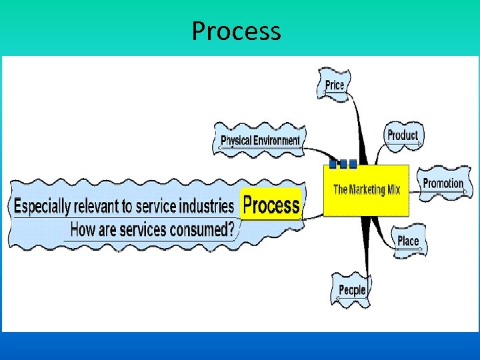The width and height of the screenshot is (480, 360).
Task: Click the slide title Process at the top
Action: point(236,31)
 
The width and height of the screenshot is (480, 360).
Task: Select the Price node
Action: point(335,85)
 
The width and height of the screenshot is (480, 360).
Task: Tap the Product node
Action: point(403,135)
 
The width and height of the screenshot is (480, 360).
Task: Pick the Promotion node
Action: point(443,183)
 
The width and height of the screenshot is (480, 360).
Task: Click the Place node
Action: point(408,241)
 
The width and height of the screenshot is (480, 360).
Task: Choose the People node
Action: point(351,289)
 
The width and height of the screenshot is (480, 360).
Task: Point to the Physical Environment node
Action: point(260,140)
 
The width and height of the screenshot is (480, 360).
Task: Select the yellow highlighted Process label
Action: point(271,205)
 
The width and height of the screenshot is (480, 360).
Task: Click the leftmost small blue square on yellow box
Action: point(333,163)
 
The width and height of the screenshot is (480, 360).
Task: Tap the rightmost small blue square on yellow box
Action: point(353,163)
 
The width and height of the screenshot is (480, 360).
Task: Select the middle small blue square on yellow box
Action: point(343,163)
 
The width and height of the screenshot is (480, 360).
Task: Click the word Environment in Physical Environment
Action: point(275,140)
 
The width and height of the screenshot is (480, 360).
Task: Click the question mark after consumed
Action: point(231,230)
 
